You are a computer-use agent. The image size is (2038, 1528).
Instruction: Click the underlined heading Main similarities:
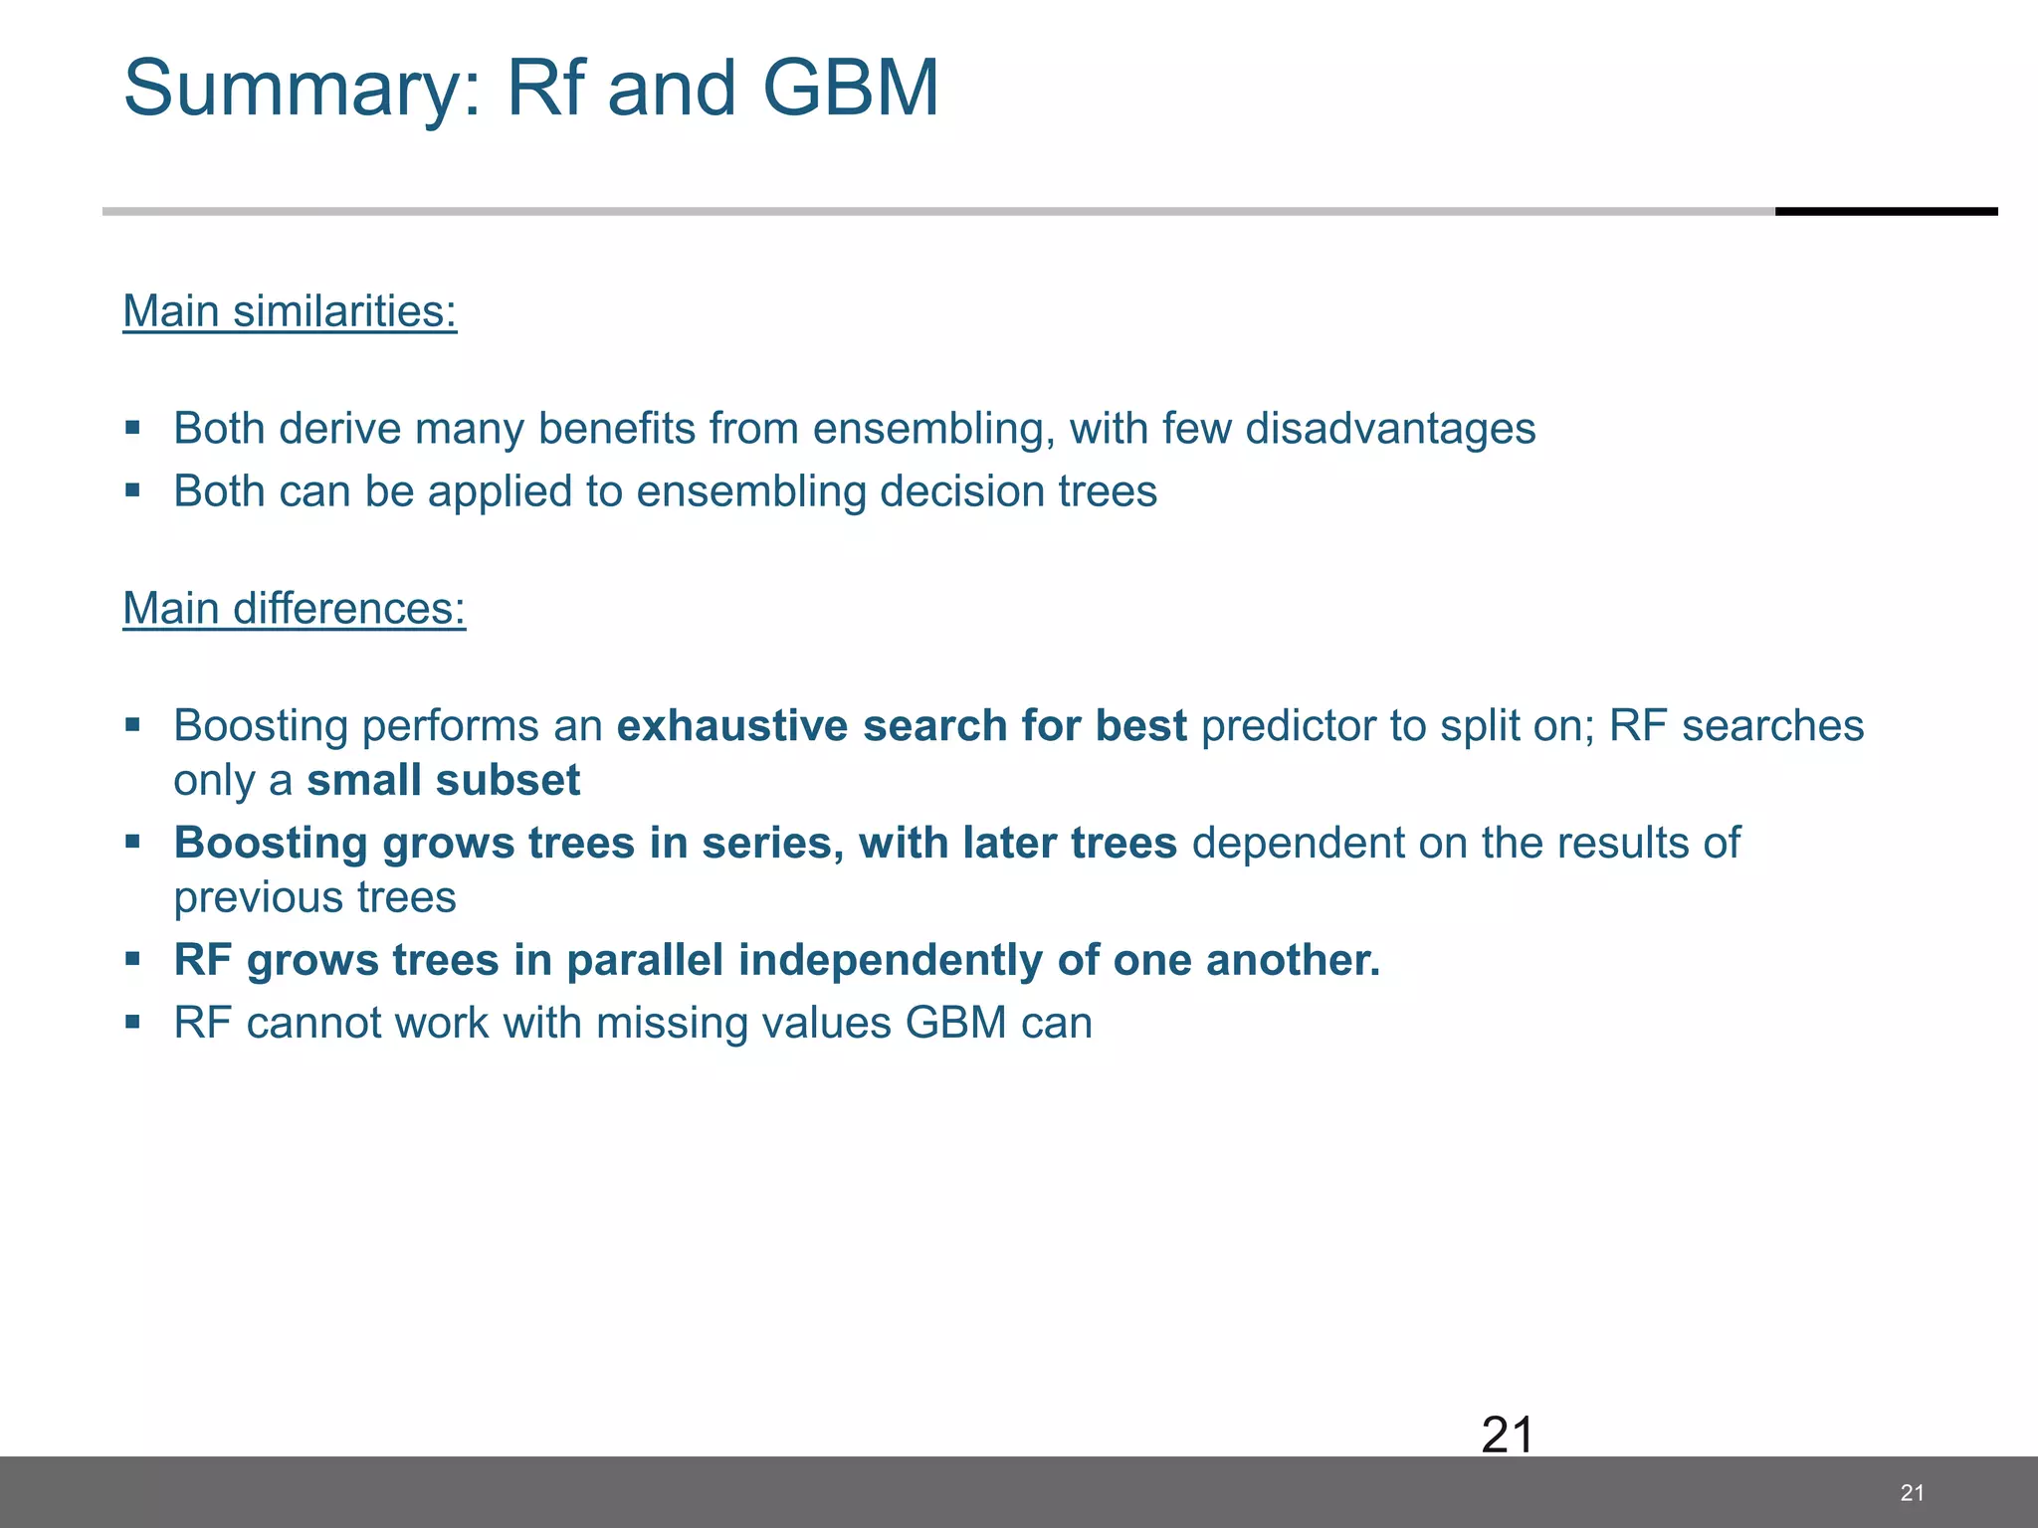(290, 311)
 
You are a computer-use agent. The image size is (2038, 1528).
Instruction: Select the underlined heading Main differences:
(294, 609)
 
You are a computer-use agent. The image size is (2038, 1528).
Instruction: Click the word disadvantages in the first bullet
(1390, 429)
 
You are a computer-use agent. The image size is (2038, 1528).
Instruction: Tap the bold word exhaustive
(732, 726)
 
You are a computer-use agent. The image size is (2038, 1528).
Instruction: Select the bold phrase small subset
(443, 781)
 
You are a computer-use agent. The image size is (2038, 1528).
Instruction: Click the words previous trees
(314, 897)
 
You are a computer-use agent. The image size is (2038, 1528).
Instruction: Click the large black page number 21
(1507, 1434)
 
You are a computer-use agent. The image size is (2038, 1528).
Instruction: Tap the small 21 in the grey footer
(1912, 1492)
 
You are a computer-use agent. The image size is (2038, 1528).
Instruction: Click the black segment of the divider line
(1886, 211)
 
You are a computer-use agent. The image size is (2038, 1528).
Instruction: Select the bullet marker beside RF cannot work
(132, 1022)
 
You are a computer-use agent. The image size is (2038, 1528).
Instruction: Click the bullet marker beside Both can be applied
(132, 490)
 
